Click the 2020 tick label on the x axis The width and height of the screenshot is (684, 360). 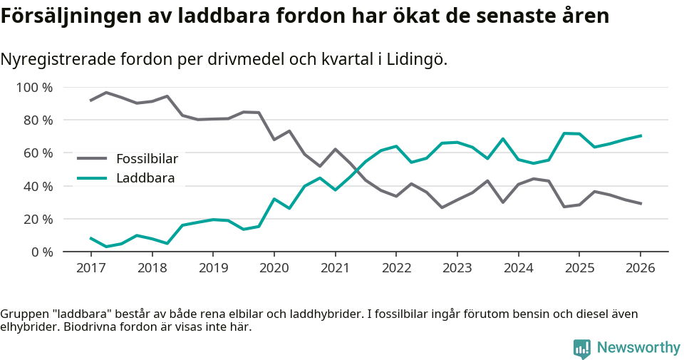coord(274,268)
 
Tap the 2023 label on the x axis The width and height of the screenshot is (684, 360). coord(457,268)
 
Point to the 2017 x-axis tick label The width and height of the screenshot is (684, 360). coord(91,268)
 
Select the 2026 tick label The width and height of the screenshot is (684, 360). coord(640,268)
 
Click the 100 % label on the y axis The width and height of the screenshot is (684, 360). coord(36,88)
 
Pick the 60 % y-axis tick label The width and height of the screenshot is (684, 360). coord(38,153)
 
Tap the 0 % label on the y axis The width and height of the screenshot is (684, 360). coord(41,252)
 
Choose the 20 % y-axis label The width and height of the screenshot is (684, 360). coord(38,219)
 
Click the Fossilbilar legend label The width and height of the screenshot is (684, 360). coord(147,158)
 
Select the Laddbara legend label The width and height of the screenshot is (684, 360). coord(145,178)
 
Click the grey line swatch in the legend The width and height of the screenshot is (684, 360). coord(92,158)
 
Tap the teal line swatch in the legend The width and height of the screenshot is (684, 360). coord(92,178)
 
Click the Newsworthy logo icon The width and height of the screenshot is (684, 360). coord(582,348)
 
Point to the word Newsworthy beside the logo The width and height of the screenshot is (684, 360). coord(638,348)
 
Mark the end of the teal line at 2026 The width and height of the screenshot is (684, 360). coord(641,135)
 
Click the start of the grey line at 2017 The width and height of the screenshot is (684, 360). coord(91,101)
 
